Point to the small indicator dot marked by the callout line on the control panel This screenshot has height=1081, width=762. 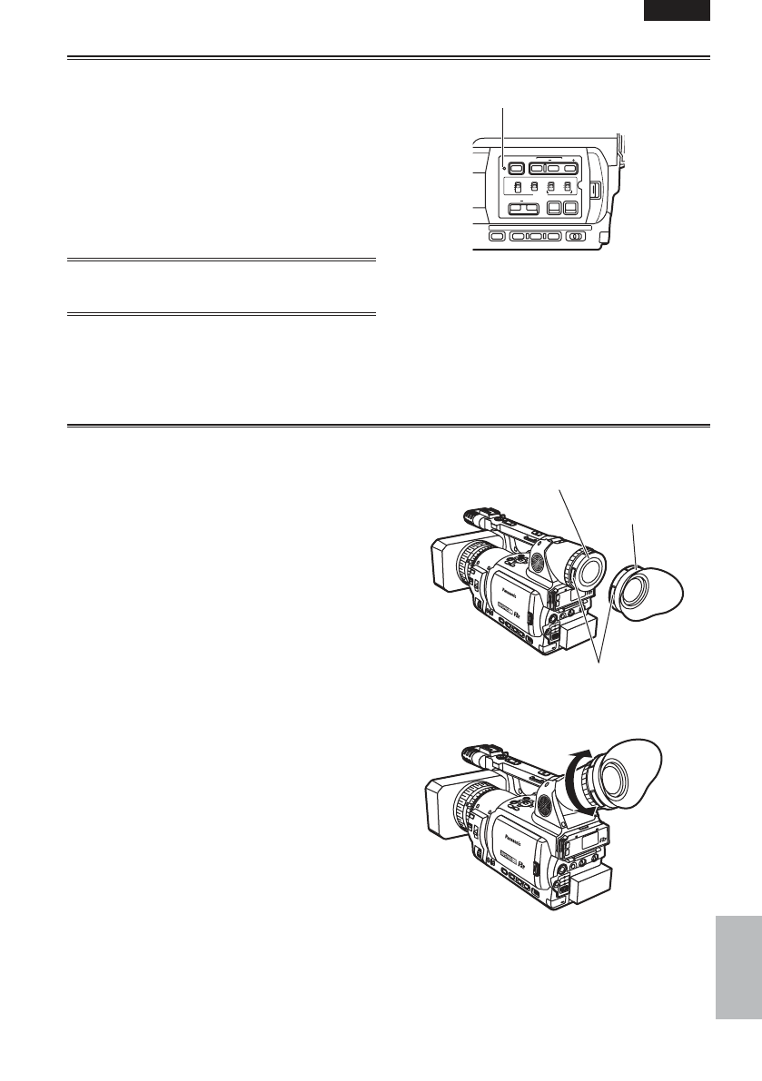[x=502, y=167]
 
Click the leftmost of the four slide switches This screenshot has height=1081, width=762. [x=515, y=189]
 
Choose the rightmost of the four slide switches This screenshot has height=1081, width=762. [x=569, y=189]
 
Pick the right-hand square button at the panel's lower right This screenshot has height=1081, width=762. [x=570, y=208]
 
